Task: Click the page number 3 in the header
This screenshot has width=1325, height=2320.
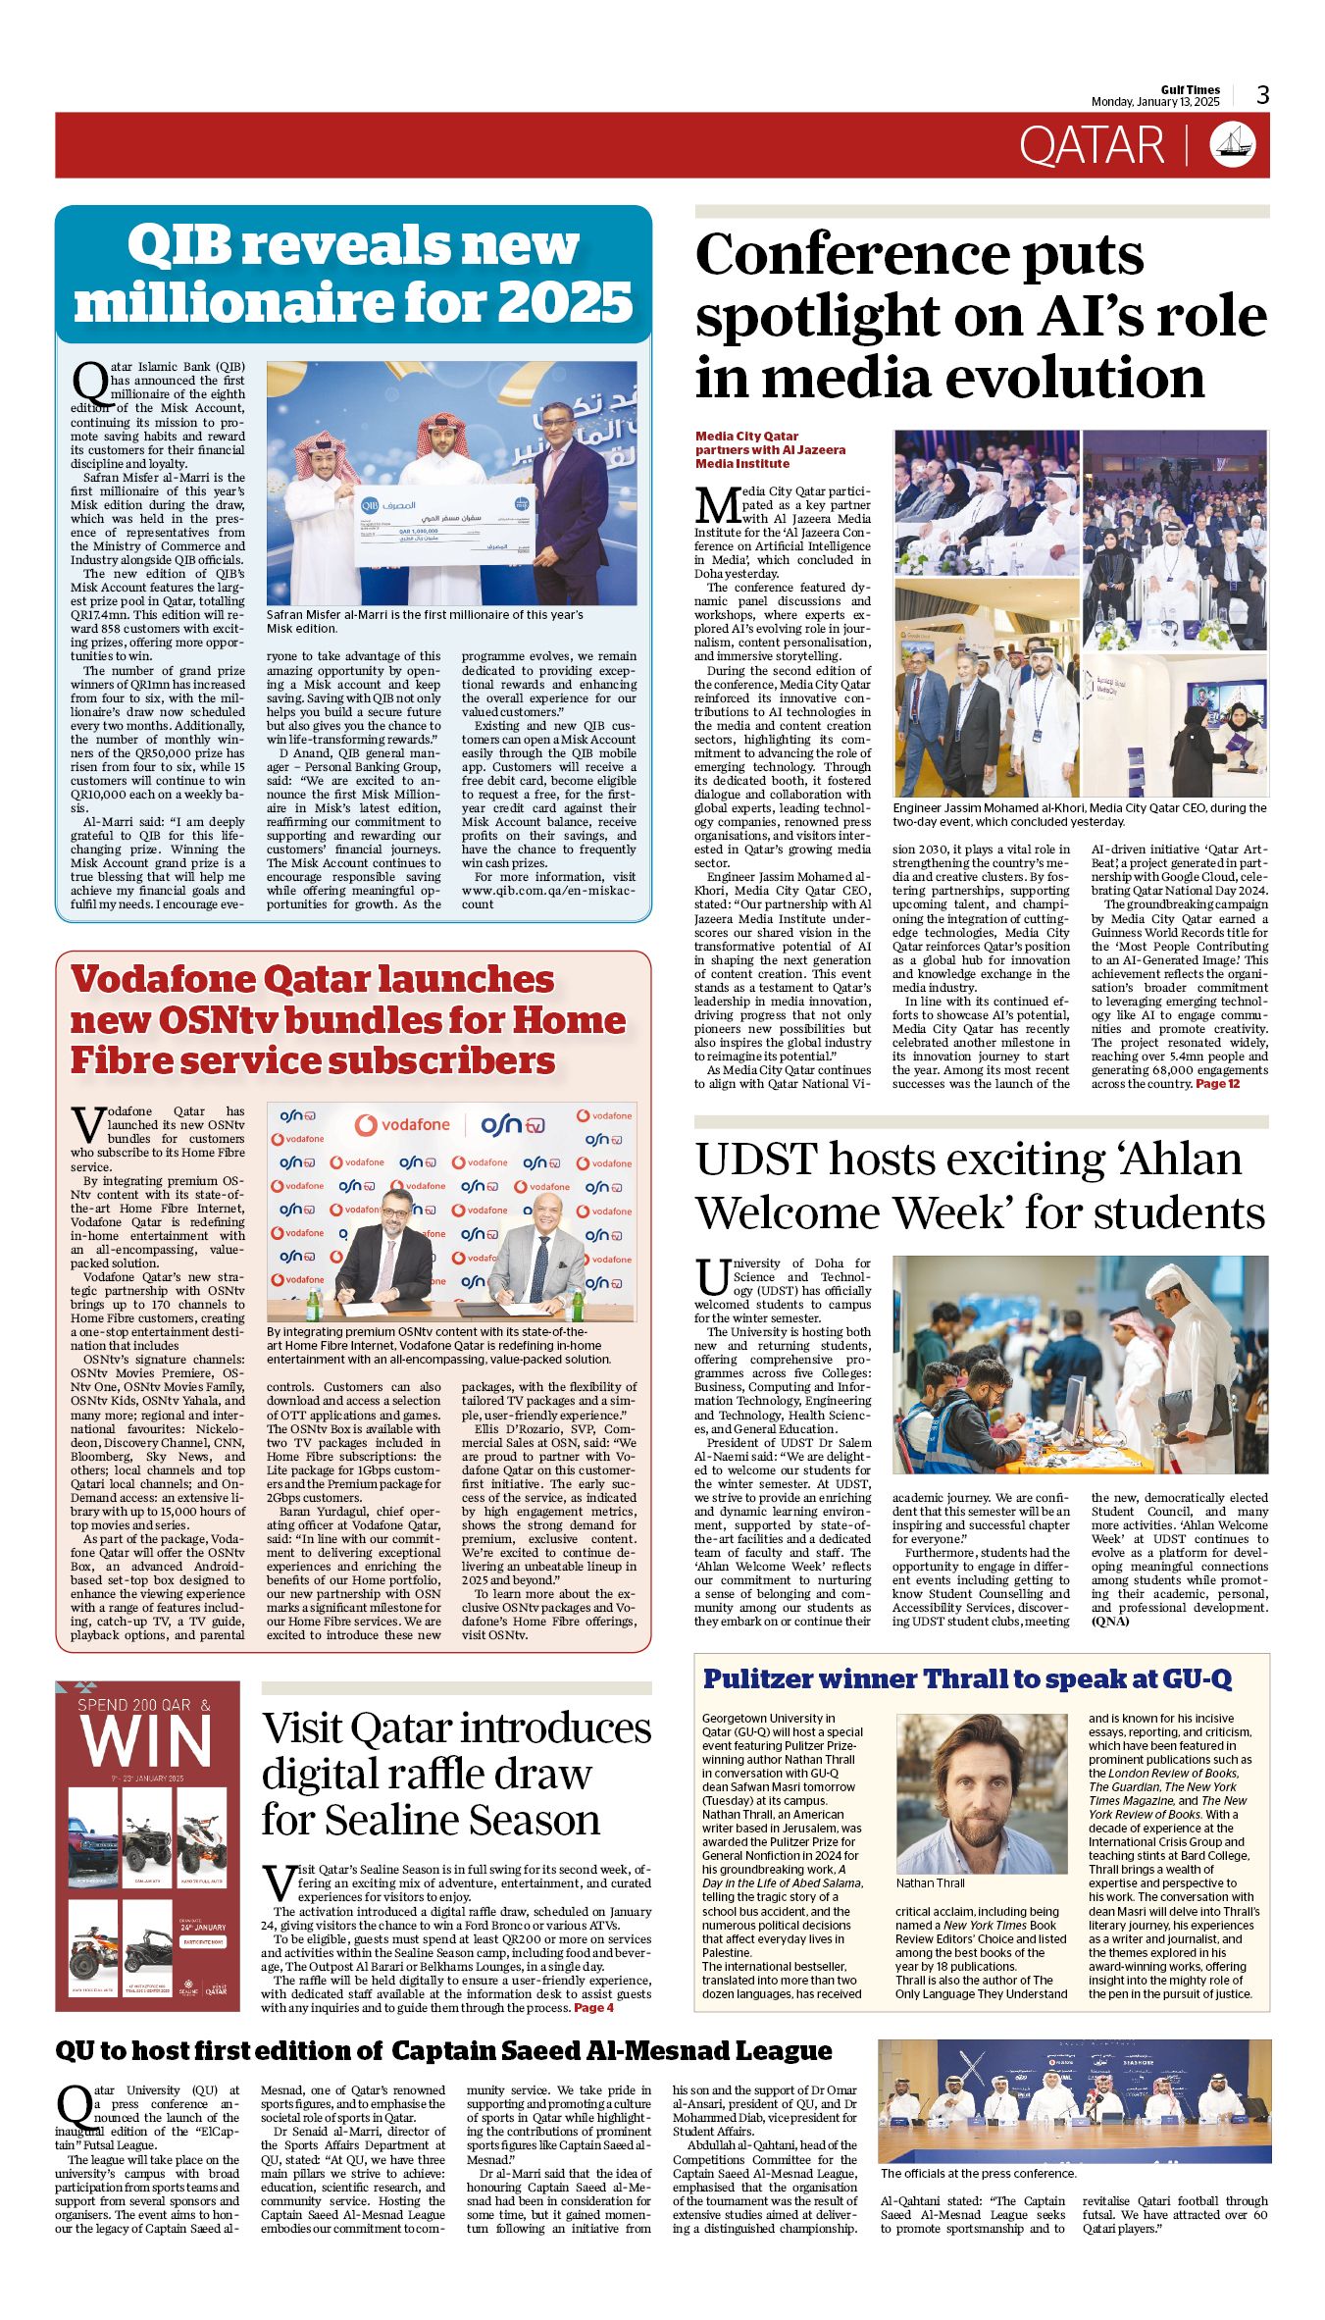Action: (x=1262, y=94)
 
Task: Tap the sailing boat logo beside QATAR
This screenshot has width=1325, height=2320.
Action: (x=1232, y=144)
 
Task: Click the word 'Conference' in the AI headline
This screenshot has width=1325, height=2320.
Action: (x=852, y=255)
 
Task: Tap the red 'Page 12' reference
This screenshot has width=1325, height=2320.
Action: (x=1217, y=1083)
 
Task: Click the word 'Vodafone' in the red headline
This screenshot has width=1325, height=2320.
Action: (x=164, y=980)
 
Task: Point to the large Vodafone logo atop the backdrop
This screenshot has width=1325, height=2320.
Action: (x=403, y=1125)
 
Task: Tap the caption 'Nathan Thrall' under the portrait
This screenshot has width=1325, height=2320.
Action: (x=930, y=1882)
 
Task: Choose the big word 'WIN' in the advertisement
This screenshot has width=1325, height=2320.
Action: (x=147, y=1742)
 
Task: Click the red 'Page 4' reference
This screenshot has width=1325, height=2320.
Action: (x=593, y=2007)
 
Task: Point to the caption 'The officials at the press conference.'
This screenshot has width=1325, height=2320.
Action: (x=978, y=2173)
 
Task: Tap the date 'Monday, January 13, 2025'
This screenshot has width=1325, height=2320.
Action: (x=1155, y=102)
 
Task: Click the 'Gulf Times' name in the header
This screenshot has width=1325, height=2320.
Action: (x=1191, y=89)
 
